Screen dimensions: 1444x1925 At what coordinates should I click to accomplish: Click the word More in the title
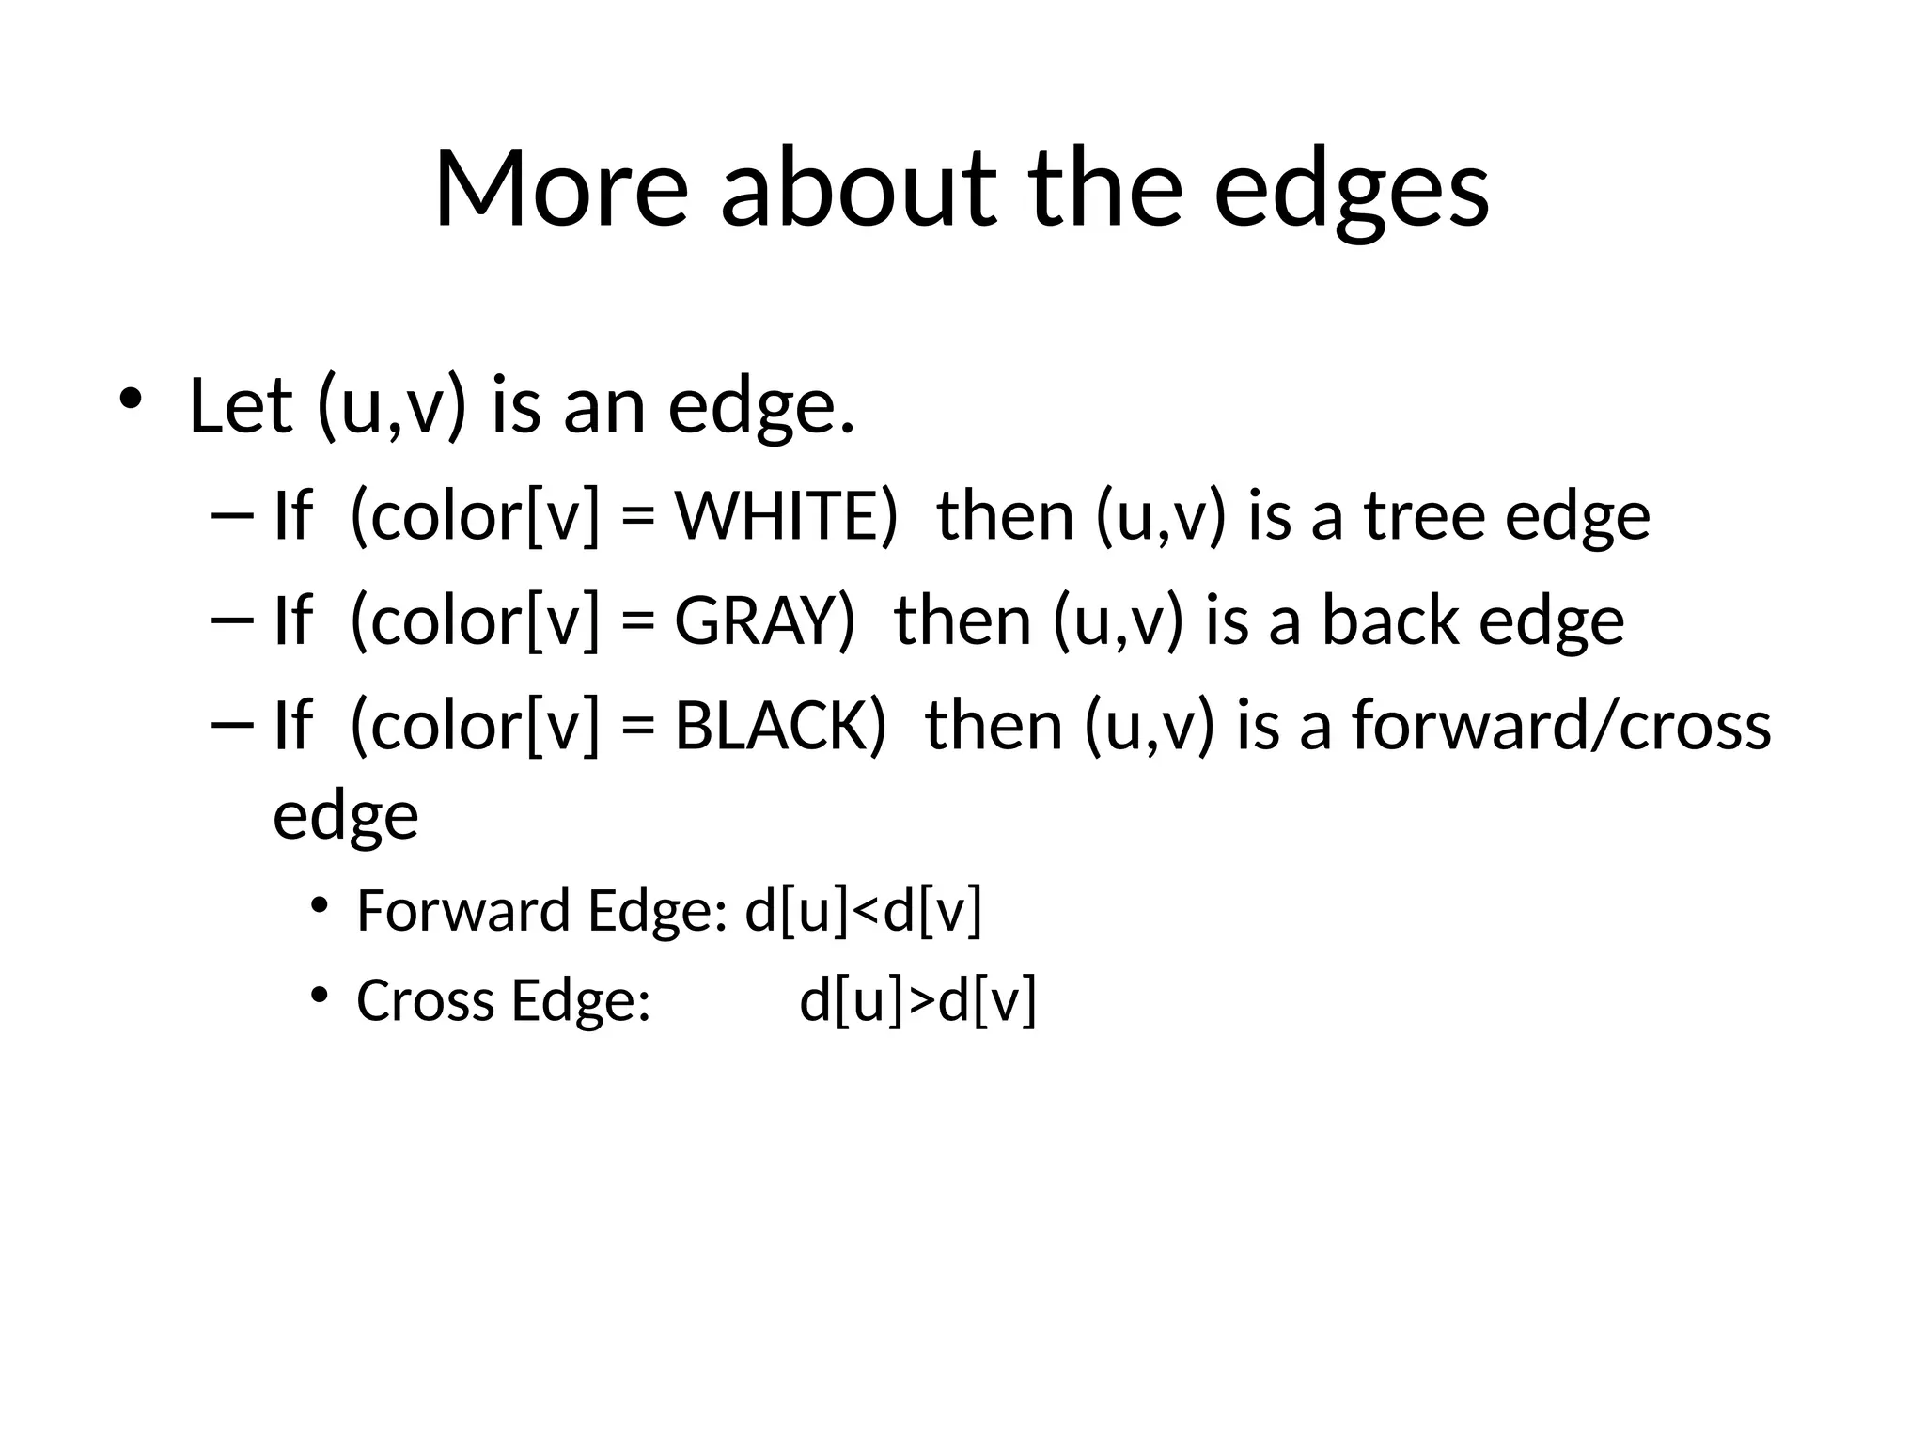click(561, 191)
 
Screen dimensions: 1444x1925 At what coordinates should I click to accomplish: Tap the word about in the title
click(857, 191)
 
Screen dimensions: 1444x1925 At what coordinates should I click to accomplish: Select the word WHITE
click(786, 516)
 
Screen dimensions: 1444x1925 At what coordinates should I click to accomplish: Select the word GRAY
click(764, 621)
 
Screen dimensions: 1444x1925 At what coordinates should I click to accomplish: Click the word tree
click(1422, 516)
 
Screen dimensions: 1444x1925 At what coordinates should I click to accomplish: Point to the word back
click(1388, 621)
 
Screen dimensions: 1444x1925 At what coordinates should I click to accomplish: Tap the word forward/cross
click(1560, 727)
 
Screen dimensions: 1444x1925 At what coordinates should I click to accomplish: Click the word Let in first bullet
click(241, 407)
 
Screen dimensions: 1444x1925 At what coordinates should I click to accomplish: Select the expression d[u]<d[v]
click(863, 911)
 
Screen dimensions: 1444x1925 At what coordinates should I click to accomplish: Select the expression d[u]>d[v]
click(917, 999)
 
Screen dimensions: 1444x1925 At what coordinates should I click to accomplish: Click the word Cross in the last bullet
click(426, 999)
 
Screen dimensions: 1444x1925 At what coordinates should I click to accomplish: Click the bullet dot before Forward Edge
click(320, 905)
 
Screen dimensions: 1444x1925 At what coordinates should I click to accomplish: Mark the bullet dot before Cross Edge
click(320, 994)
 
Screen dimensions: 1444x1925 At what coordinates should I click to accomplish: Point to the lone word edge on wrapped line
click(345, 816)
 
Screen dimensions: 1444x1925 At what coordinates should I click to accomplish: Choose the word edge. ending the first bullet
click(761, 407)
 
